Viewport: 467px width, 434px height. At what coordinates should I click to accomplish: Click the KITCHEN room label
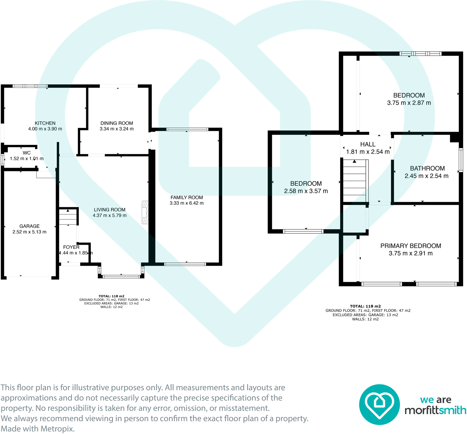click(x=45, y=123)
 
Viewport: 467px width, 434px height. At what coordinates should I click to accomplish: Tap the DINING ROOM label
click(x=117, y=123)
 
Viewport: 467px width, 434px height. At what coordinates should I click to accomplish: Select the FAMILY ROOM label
click(x=187, y=198)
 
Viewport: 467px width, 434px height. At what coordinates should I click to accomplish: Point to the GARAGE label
click(x=30, y=226)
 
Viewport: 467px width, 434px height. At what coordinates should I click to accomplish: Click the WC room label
click(x=27, y=153)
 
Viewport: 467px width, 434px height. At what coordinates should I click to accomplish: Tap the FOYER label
click(x=71, y=247)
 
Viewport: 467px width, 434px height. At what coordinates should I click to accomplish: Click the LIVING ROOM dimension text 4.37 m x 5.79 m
click(x=110, y=215)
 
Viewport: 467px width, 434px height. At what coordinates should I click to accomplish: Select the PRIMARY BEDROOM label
click(x=411, y=246)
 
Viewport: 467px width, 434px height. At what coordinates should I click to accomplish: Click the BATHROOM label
click(x=427, y=168)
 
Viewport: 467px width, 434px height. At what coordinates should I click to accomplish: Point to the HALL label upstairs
click(x=368, y=144)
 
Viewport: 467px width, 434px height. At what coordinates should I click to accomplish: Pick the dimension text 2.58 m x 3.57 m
click(x=306, y=191)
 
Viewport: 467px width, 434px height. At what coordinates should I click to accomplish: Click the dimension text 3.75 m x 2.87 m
click(x=409, y=103)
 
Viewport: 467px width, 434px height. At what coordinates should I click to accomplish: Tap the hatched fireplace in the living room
click(x=145, y=212)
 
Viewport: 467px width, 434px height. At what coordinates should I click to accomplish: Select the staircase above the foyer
click(x=68, y=217)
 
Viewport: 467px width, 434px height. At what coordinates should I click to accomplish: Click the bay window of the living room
click(x=121, y=276)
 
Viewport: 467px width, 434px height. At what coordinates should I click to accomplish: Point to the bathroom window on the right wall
click(x=461, y=160)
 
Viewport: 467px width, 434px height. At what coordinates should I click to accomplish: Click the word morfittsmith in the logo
click(x=435, y=410)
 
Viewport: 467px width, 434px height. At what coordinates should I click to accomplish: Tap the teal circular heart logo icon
click(x=379, y=404)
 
